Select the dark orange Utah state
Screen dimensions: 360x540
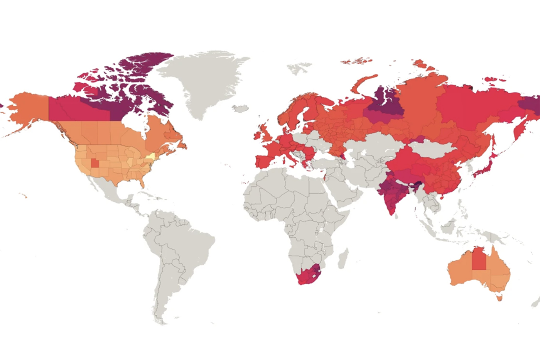94,163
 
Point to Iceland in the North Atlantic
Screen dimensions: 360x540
240,108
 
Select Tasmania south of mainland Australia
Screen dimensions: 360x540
499,297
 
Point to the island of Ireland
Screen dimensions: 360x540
257,135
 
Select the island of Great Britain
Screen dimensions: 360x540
265,133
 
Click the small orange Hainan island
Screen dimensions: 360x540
444,197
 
